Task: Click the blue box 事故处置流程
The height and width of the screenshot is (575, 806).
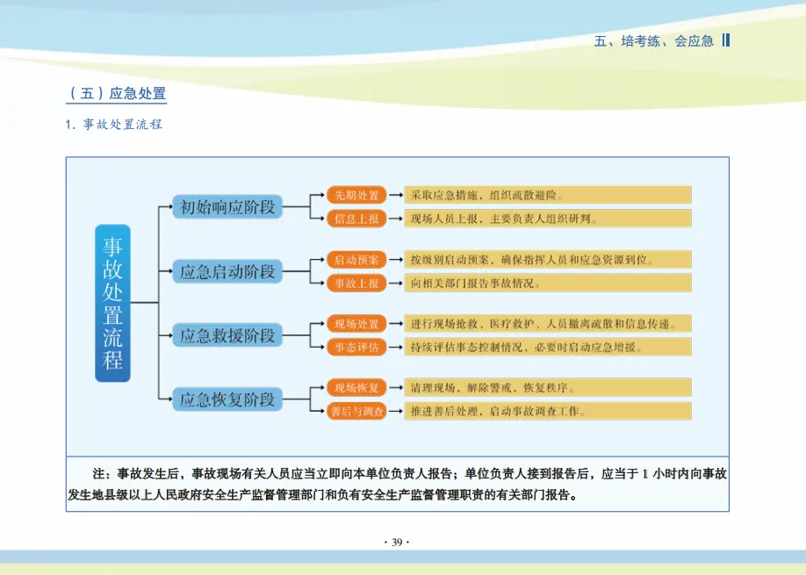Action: [x=112, y=303]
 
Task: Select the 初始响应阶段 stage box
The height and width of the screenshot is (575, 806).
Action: [x=227, y=207]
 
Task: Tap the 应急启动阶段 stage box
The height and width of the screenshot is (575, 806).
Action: [x=227, y=271]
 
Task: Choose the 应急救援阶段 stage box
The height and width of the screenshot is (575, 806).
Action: [x=227, y=335]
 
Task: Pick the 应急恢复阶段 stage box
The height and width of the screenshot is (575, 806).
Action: [x=227, y=399]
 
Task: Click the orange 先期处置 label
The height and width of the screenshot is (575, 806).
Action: [x=356, y=195]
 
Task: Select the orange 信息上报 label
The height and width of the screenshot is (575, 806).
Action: [x=356, y=219]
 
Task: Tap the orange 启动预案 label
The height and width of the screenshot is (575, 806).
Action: [x=356, y=260]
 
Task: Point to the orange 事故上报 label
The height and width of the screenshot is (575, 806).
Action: [x=356, y=284]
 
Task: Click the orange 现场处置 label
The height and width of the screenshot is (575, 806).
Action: [x=356, y=324]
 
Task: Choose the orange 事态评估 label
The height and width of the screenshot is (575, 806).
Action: [x=356, y=348]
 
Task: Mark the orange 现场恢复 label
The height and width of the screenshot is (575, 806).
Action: [x=356, y=388]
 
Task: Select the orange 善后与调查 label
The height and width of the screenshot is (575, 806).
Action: [x=356, y=412]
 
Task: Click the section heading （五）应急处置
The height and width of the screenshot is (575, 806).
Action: [x=117, y=93]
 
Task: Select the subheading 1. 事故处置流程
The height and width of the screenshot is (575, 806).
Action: [x=114, y=125]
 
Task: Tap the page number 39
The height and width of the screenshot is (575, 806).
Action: [x=397, y=543]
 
